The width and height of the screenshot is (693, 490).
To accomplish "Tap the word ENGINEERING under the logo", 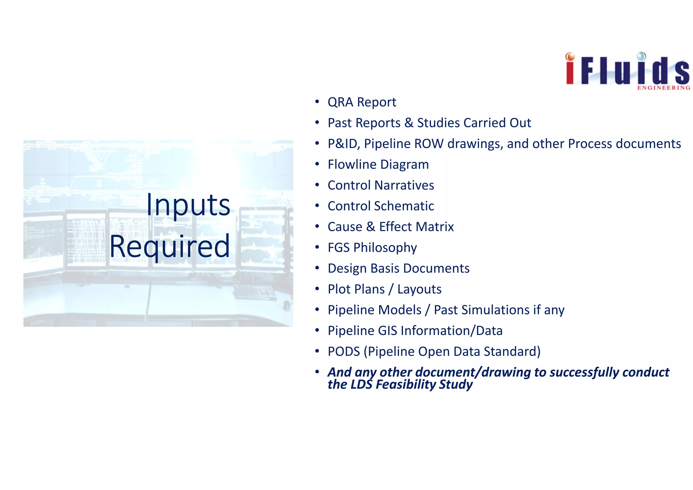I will [664, 88].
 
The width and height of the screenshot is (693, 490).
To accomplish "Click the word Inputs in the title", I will [188, 205].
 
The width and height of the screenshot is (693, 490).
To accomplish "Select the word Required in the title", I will [170, 246].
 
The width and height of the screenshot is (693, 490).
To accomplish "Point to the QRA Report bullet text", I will [361, 102].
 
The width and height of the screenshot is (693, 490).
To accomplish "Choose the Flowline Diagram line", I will [378, 164].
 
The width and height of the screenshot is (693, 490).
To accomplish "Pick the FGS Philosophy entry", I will [372, 248].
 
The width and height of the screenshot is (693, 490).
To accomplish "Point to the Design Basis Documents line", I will [398, 268].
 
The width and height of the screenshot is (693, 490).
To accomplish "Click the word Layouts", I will [419, 289].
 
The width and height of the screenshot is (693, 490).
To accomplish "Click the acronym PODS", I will [343, 352].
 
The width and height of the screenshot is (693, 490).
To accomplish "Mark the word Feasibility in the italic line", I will [406, 385].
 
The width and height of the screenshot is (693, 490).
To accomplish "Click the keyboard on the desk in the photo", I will [255, 292].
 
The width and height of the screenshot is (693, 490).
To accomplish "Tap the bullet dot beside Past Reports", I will [317, 122].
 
